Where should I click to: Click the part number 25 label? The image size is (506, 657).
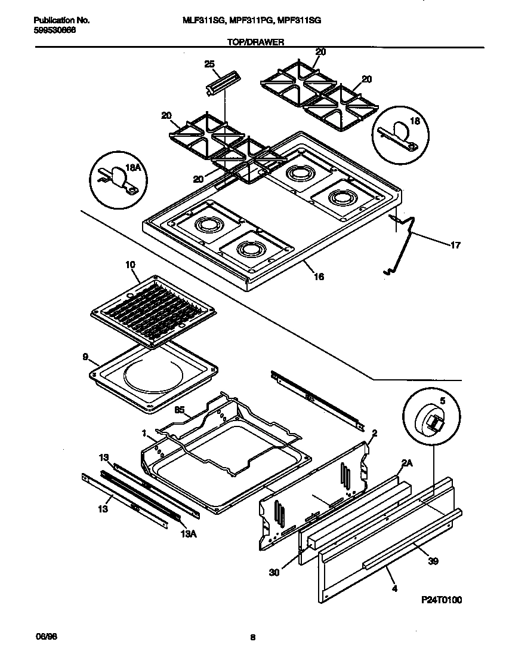[x=209, y=64]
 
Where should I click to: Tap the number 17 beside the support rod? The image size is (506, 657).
[x=455, y=244]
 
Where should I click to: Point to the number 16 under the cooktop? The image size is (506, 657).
[x=319, y=277]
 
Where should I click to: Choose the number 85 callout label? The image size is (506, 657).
[x=178, y=410]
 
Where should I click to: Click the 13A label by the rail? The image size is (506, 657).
[x=188, y=534]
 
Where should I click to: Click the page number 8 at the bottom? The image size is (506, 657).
[x=253, y=638]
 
